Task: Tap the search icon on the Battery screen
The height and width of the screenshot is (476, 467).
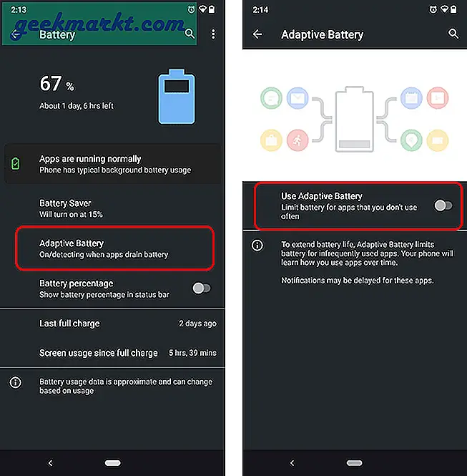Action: point(190,34)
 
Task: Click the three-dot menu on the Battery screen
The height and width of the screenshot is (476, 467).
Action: point(213,34)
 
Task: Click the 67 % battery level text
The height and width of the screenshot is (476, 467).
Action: point(56,84)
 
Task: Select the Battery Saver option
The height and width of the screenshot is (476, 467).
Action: point(65,208)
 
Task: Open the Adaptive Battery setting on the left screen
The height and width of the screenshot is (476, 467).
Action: point(104,248)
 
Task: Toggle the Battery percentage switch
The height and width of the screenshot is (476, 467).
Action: point(202,288)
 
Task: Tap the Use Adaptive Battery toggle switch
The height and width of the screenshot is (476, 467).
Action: point(443,205)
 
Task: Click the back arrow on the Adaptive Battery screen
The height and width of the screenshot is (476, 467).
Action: point(258,34)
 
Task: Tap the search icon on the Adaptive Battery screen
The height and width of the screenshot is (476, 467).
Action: point(453,34)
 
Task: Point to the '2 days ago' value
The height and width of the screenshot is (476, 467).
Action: point(197,324)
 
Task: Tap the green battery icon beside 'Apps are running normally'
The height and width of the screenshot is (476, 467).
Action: point(16,165)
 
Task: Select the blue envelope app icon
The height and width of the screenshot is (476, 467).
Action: point(298,98)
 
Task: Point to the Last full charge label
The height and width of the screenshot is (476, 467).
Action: point(69,324)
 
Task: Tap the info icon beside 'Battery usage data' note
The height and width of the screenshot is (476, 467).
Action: point(15,383)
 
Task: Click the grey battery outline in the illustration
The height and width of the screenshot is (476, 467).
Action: point(354,120)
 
